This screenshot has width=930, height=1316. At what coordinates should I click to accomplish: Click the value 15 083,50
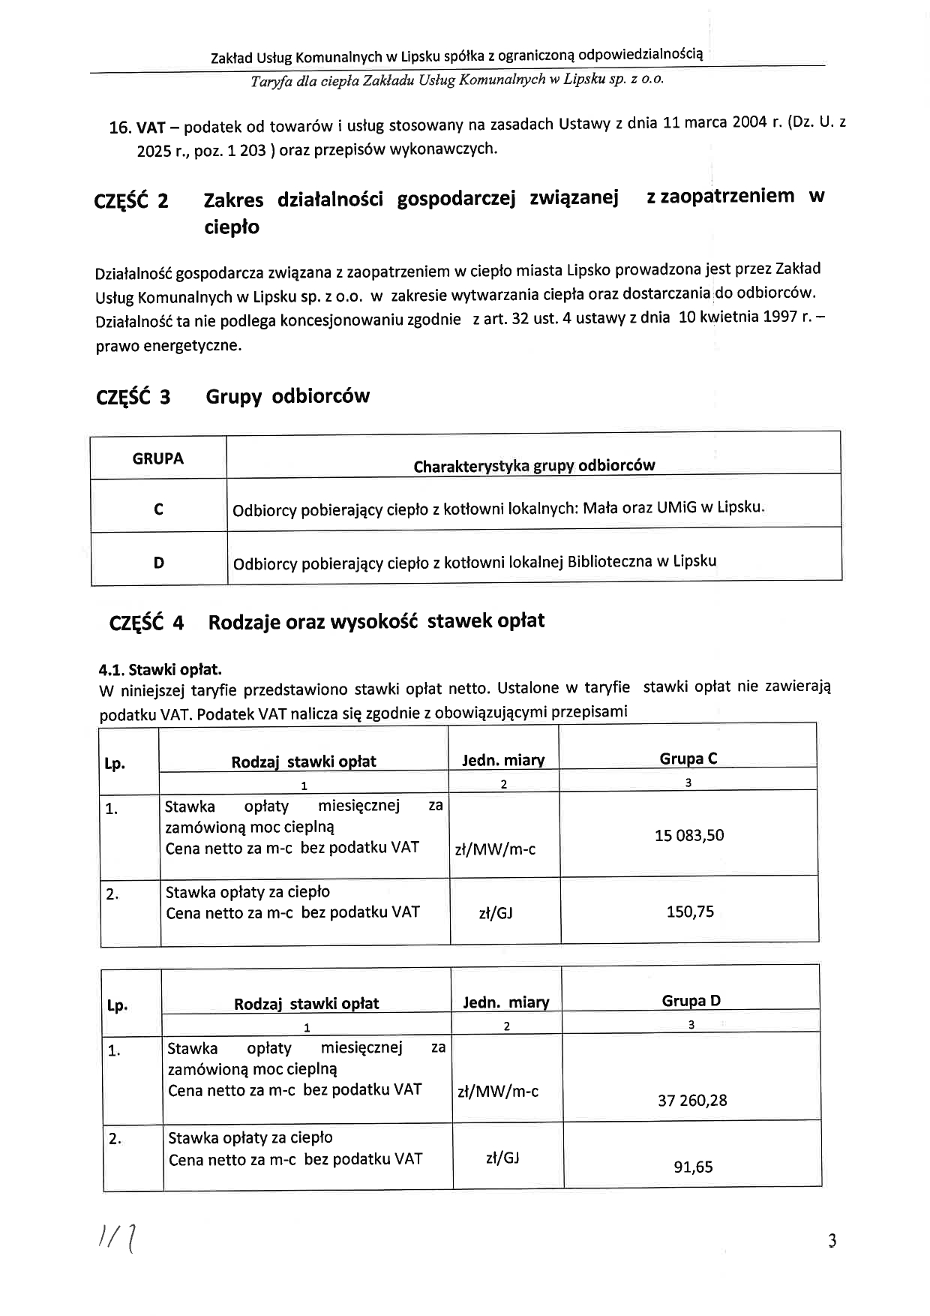pyautogui.click(x=688, y=836)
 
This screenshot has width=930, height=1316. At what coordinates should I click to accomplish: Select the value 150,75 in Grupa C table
pyautogui.click(x=690, y=912)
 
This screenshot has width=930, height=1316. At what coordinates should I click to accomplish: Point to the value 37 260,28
pyautogui.click(x=692, y=1101)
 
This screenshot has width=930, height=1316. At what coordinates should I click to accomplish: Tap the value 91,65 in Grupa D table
pyautogui.click(x=693, y=1167)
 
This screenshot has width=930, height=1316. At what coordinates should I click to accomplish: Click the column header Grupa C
pyautogui.click(x=688, y=759)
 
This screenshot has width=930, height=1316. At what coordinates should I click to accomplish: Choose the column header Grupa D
pyautogui.click(x=691, y=1001)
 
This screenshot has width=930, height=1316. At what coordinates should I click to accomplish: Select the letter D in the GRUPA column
pyautogui.click(x=159, y=562)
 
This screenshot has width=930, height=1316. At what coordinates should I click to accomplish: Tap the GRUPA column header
pyautogui.click(x=157, y=458)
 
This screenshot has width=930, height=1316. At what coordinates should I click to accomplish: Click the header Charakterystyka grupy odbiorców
pyautogui.click(x=534, y=466)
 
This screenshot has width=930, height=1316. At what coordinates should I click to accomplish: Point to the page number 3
pyautogui.click(x=832, y=1241)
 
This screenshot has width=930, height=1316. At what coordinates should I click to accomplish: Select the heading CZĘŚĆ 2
pyautogui.click(x=131, y=201)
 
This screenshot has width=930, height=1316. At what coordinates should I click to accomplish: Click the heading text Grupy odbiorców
pyautogui.click(x=287, y=396)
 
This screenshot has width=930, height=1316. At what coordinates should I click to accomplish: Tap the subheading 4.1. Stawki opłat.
pyautogui.click(x=160, y=669)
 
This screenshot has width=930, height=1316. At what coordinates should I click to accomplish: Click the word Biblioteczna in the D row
pyautogui.click(x=610, y=561)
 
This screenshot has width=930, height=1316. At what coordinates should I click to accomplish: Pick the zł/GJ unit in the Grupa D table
pyautogui.click(x=502, y=1158)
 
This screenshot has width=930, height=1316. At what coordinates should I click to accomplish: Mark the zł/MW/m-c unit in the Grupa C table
pyautogui.click(x=495, y=850)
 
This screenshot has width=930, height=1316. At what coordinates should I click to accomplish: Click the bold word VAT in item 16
pyautogui.click(x=150, y=127)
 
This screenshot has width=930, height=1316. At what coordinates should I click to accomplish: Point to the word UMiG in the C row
pyautogui.click(x=676, y=507)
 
